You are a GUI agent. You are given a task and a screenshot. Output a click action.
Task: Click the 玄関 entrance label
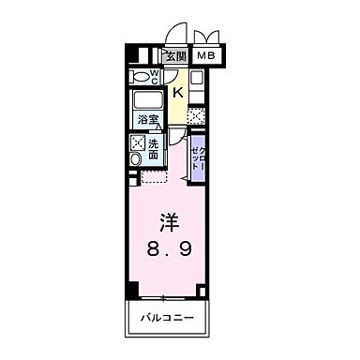point(175,55)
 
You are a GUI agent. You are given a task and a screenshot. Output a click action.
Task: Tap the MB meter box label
point(205,55)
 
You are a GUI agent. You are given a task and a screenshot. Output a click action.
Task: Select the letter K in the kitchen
point(178,92)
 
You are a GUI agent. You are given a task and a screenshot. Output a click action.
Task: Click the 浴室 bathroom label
point(148,121)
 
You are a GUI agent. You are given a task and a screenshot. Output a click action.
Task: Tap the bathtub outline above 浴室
point(147,101)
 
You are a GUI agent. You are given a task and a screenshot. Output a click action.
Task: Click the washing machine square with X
point(138,143)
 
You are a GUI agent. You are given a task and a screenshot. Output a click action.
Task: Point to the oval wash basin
point(135,160)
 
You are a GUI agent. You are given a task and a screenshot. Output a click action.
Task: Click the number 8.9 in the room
point(170,251)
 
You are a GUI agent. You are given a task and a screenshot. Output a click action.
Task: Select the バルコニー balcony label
point(169,319)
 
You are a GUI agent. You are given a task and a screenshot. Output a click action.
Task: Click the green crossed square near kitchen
point(197,117)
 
